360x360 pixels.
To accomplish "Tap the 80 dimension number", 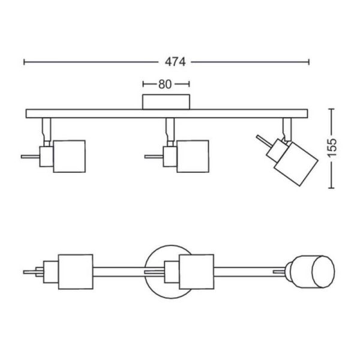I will pyautogui.click(x=166, y=85).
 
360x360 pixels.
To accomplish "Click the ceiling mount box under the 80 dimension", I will pyautogui.click(x=166, y=102).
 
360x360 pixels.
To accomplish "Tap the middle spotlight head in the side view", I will pyautogui.click(x=191, y=157).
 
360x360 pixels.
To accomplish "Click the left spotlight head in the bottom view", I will pyautogui.click(x=75, y=272).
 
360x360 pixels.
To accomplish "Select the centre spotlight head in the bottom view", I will pyautogui.click(x=196, y=272).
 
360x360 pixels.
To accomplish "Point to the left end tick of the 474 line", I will pyautogui.click(x=24, y=61).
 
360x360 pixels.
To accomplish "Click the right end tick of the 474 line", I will pyautogui.click(x=309, y=61).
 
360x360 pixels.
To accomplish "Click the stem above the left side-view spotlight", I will pyautogui.click(x=46, y=127).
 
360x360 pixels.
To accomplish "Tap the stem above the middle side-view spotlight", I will pyautogui.click(x=170, y=127).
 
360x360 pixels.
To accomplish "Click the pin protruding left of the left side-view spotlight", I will pyautogui.click(x=29, y=157).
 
